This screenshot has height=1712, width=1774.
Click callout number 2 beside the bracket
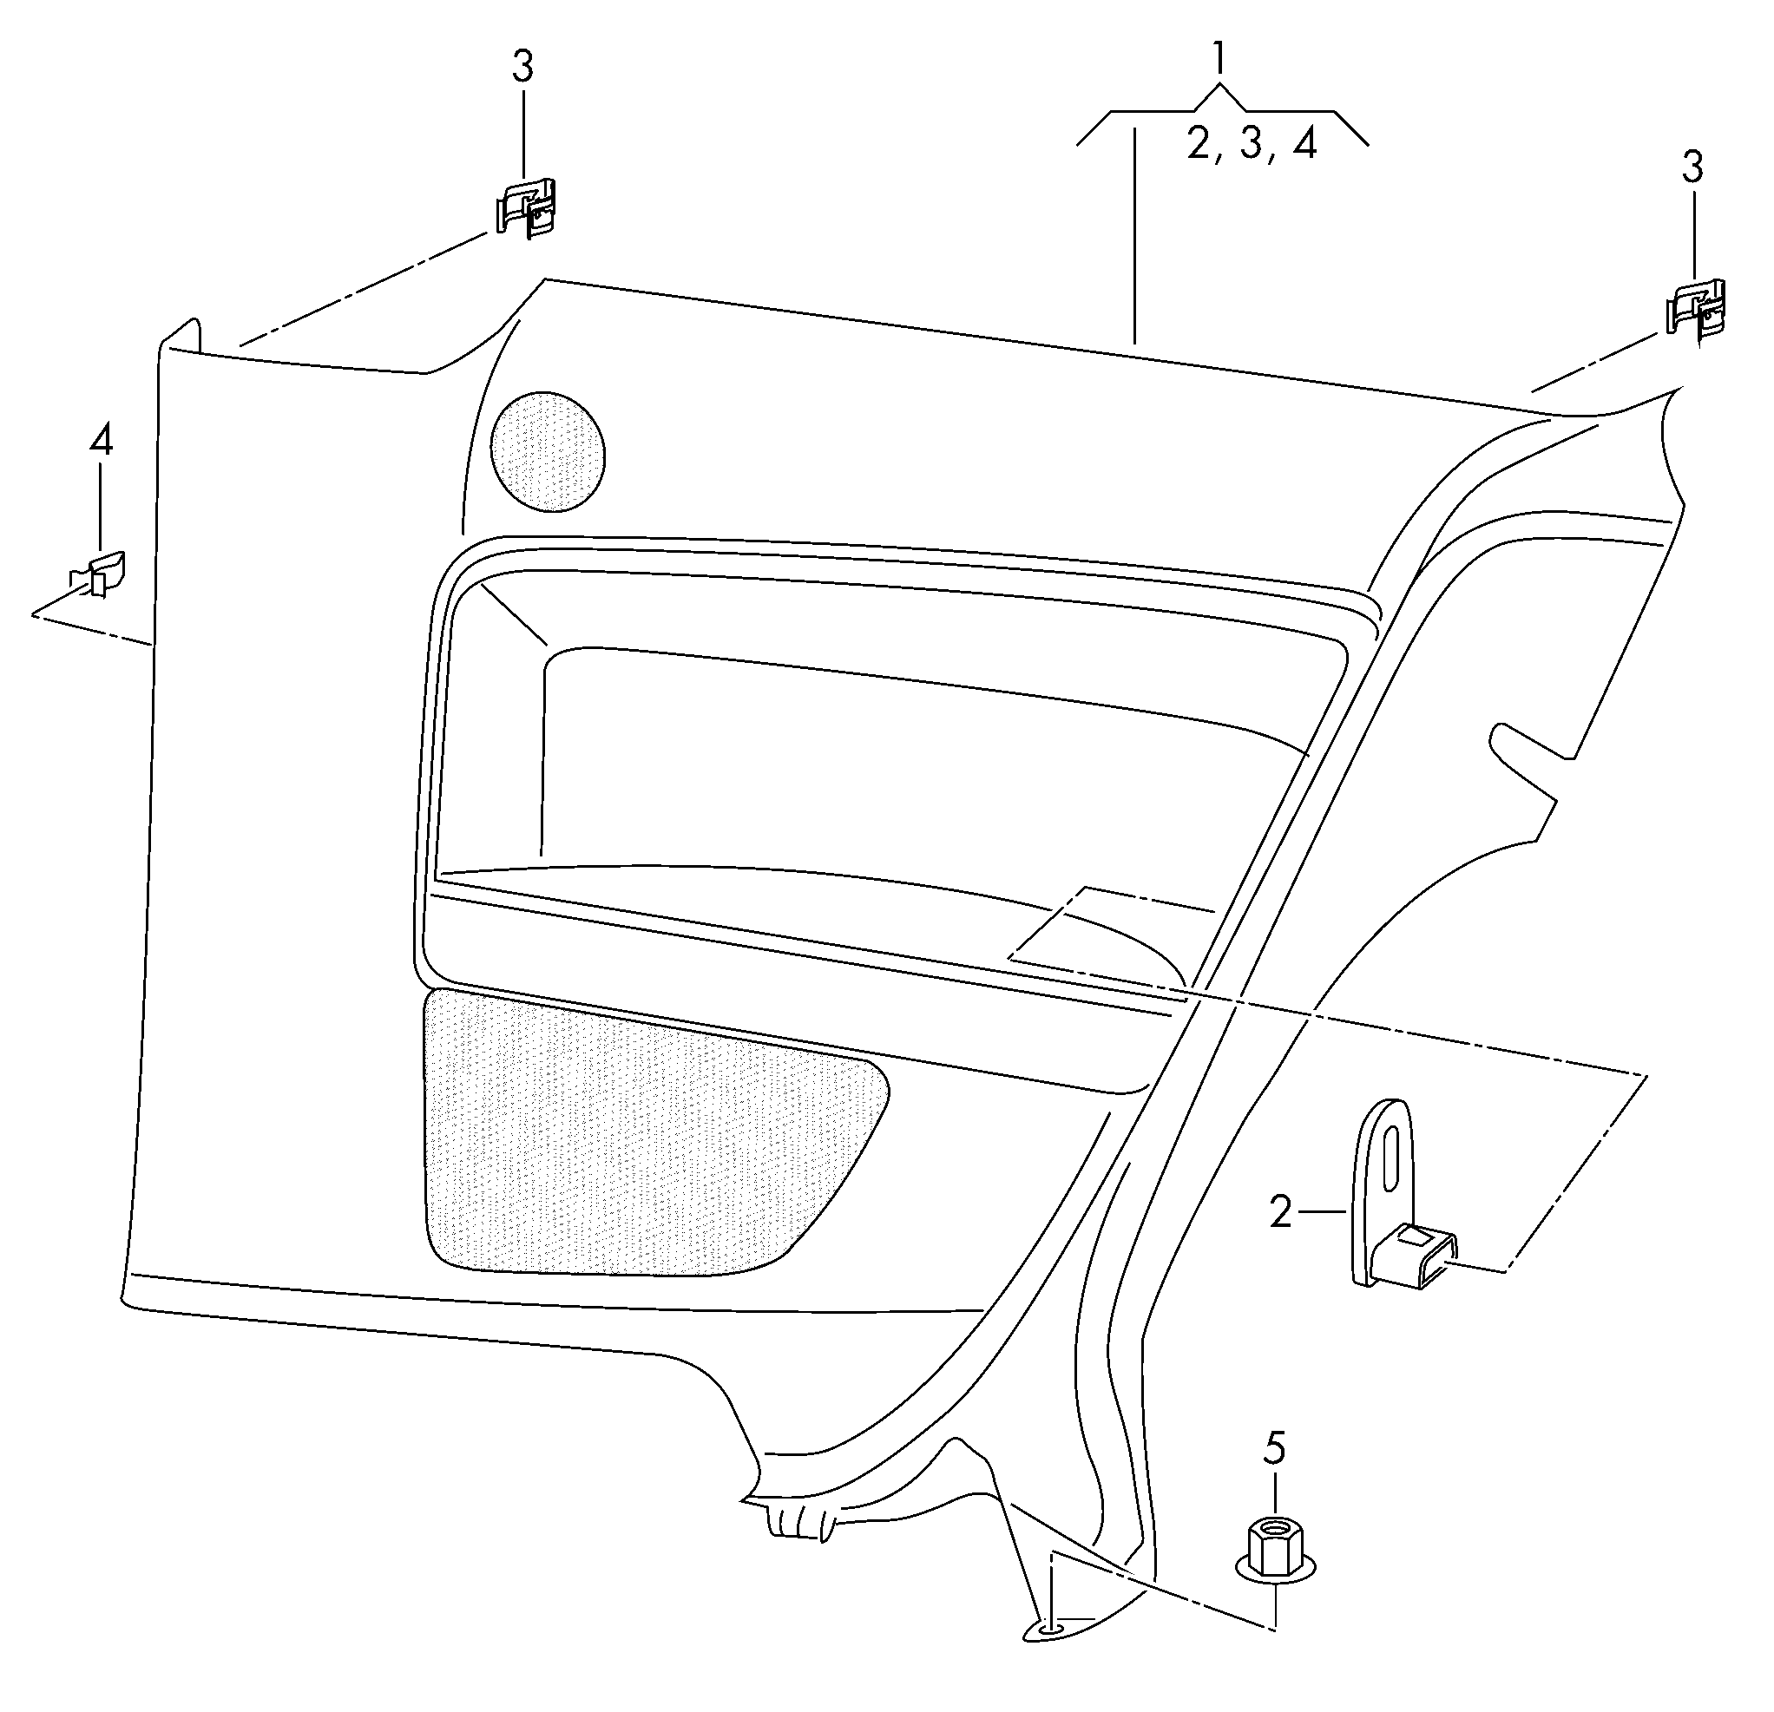[x=1281, y=1211]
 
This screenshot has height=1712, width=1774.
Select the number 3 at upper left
[x=523, y=66]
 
